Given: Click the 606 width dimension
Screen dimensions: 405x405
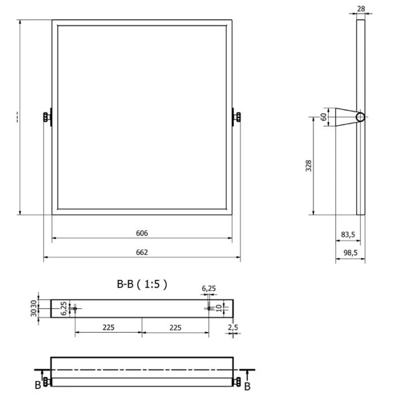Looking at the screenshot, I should (x=142, y=233).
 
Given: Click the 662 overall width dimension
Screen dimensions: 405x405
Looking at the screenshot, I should (x=142, y=252).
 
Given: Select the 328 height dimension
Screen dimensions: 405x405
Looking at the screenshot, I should (x=309, y=166).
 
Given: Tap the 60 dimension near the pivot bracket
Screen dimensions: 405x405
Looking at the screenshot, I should (x=323, y=117).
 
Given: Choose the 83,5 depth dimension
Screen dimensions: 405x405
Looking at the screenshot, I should (x=348, y=234).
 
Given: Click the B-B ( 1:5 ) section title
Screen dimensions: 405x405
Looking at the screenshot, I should (x=142, y=283).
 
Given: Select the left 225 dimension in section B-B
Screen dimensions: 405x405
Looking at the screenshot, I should (x=108, y=327).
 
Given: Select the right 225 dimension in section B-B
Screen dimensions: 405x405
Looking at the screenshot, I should (x=175, y=327).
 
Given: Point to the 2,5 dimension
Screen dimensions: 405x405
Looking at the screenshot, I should (x=233, y=327).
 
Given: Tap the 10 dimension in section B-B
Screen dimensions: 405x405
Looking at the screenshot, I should (x=219, y=308).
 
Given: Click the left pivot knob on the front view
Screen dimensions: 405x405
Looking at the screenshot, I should (x=46, y=117).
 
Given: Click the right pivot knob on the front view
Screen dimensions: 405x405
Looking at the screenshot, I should (x=237, y=117).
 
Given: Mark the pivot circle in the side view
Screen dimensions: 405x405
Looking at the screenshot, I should (x=360, y=117).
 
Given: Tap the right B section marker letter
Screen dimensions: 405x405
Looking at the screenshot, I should (x=247, y=386).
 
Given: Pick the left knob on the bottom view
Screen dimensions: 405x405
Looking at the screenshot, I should (x=47, y=381).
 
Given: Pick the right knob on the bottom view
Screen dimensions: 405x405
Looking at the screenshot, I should (x=237, y=381).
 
